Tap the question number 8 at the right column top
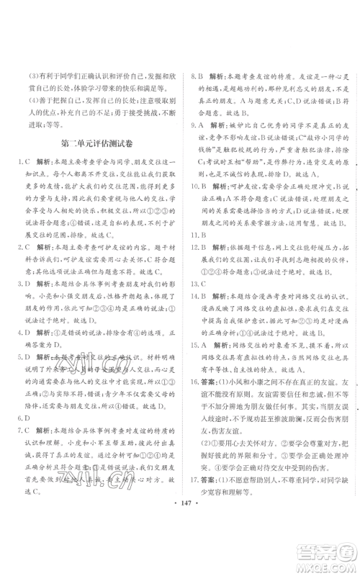click(x=192, y=74)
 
